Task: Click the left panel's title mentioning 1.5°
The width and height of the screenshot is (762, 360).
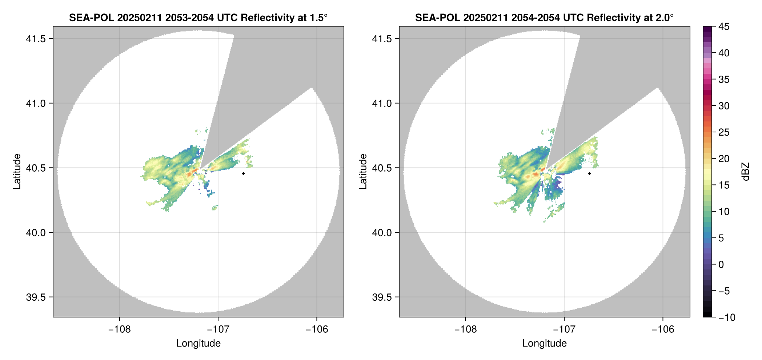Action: (198, 17)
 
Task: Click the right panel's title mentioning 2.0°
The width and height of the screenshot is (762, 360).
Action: (544, 17)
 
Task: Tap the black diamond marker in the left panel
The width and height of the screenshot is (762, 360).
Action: (243, 173)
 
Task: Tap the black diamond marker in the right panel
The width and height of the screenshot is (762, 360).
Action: (589, 173)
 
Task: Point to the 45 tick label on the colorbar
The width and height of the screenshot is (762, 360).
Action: (724, 27)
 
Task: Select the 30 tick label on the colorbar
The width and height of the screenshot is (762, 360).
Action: (724, 106)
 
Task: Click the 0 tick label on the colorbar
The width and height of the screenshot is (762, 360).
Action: (721, 264)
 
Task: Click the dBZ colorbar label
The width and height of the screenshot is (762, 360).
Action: (746, 172)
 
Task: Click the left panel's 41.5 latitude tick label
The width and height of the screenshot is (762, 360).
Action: (36, 39)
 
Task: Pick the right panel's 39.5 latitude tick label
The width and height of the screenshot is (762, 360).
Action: (382, 297)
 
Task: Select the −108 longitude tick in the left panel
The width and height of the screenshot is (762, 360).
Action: (119, 329)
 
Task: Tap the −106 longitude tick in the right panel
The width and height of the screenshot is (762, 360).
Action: (663, 329)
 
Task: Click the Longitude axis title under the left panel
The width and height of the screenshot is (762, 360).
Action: (198, 343)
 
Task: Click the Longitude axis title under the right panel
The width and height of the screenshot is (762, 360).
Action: (545, 343)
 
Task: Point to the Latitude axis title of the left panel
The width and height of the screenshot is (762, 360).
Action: (17, 172)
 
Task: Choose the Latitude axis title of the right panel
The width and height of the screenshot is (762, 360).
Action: (363, 172)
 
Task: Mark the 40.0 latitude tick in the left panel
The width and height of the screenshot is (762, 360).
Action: (36, 232)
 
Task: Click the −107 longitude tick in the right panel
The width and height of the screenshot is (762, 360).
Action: (564, 329)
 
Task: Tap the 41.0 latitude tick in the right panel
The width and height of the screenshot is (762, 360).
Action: (382, 103)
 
